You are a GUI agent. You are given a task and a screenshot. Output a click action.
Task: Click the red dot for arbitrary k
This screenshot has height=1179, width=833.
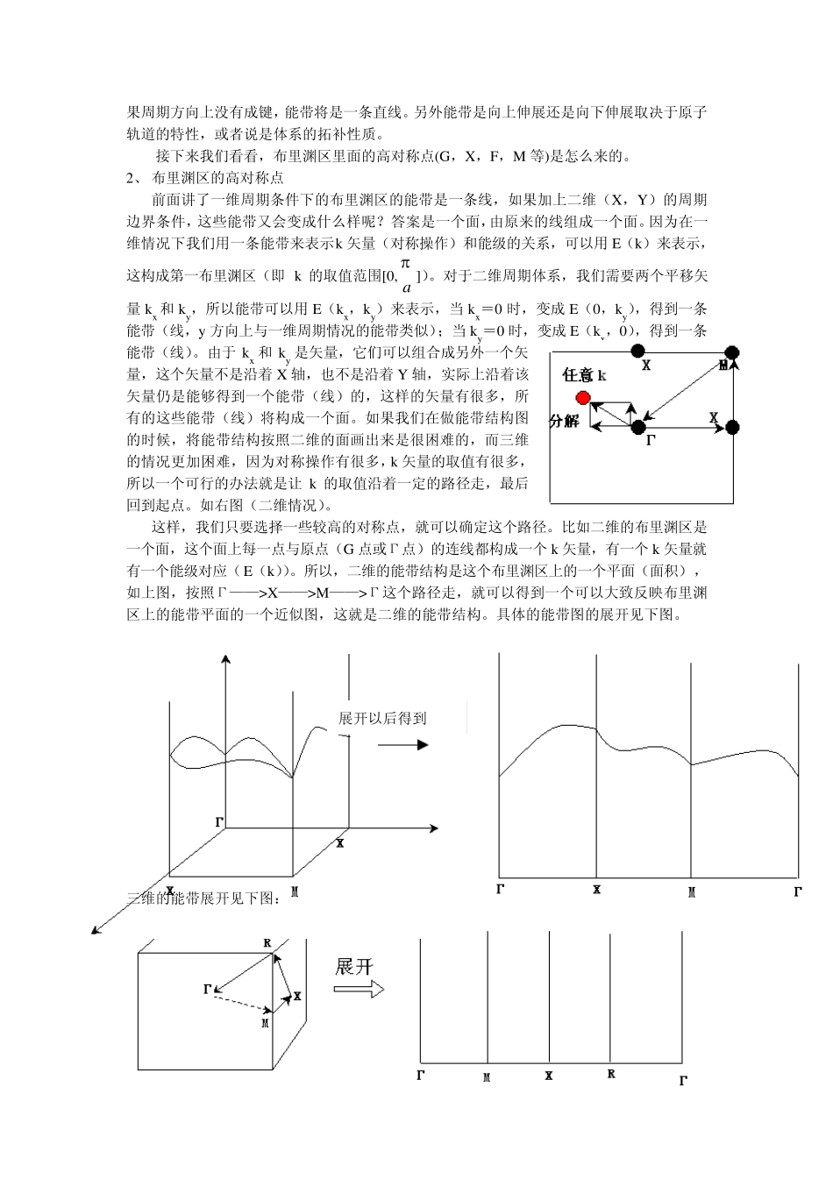[584, 399]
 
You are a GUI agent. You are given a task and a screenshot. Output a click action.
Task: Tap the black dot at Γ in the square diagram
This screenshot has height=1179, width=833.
[638, 427]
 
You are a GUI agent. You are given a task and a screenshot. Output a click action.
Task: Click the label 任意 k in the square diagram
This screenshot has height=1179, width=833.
[584, 376]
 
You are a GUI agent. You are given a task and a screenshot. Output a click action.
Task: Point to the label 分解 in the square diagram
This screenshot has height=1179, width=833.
[564, 421]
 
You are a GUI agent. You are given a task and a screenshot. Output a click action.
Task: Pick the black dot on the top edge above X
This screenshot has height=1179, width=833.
[638, 352]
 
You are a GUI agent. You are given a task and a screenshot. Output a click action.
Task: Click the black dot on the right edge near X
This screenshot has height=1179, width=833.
[733, 427]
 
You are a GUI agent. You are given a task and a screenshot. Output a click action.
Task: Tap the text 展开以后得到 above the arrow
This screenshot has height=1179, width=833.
[382, 718]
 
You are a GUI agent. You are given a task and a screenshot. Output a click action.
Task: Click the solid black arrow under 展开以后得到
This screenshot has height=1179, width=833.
[404, 745]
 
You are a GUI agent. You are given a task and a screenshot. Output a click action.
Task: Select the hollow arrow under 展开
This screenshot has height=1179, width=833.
[360, 989]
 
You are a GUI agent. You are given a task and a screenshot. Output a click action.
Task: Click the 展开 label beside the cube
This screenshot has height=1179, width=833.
[354, 966]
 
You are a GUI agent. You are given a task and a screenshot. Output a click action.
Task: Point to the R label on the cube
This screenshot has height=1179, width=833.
[267, 944]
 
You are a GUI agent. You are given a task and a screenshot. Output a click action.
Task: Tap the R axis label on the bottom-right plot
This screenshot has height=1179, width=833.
[611, 1074]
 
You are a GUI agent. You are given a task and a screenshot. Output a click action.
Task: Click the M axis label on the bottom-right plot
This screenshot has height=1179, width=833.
[487, 1076]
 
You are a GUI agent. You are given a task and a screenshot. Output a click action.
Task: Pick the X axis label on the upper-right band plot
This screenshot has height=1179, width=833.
[596, 890]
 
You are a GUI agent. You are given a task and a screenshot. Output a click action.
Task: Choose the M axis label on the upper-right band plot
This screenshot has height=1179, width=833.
[691, 892]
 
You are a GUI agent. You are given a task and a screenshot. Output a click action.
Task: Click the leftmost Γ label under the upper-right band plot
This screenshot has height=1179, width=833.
[500, 890]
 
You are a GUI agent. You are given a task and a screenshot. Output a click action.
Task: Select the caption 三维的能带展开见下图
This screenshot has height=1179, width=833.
[204, 898]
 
